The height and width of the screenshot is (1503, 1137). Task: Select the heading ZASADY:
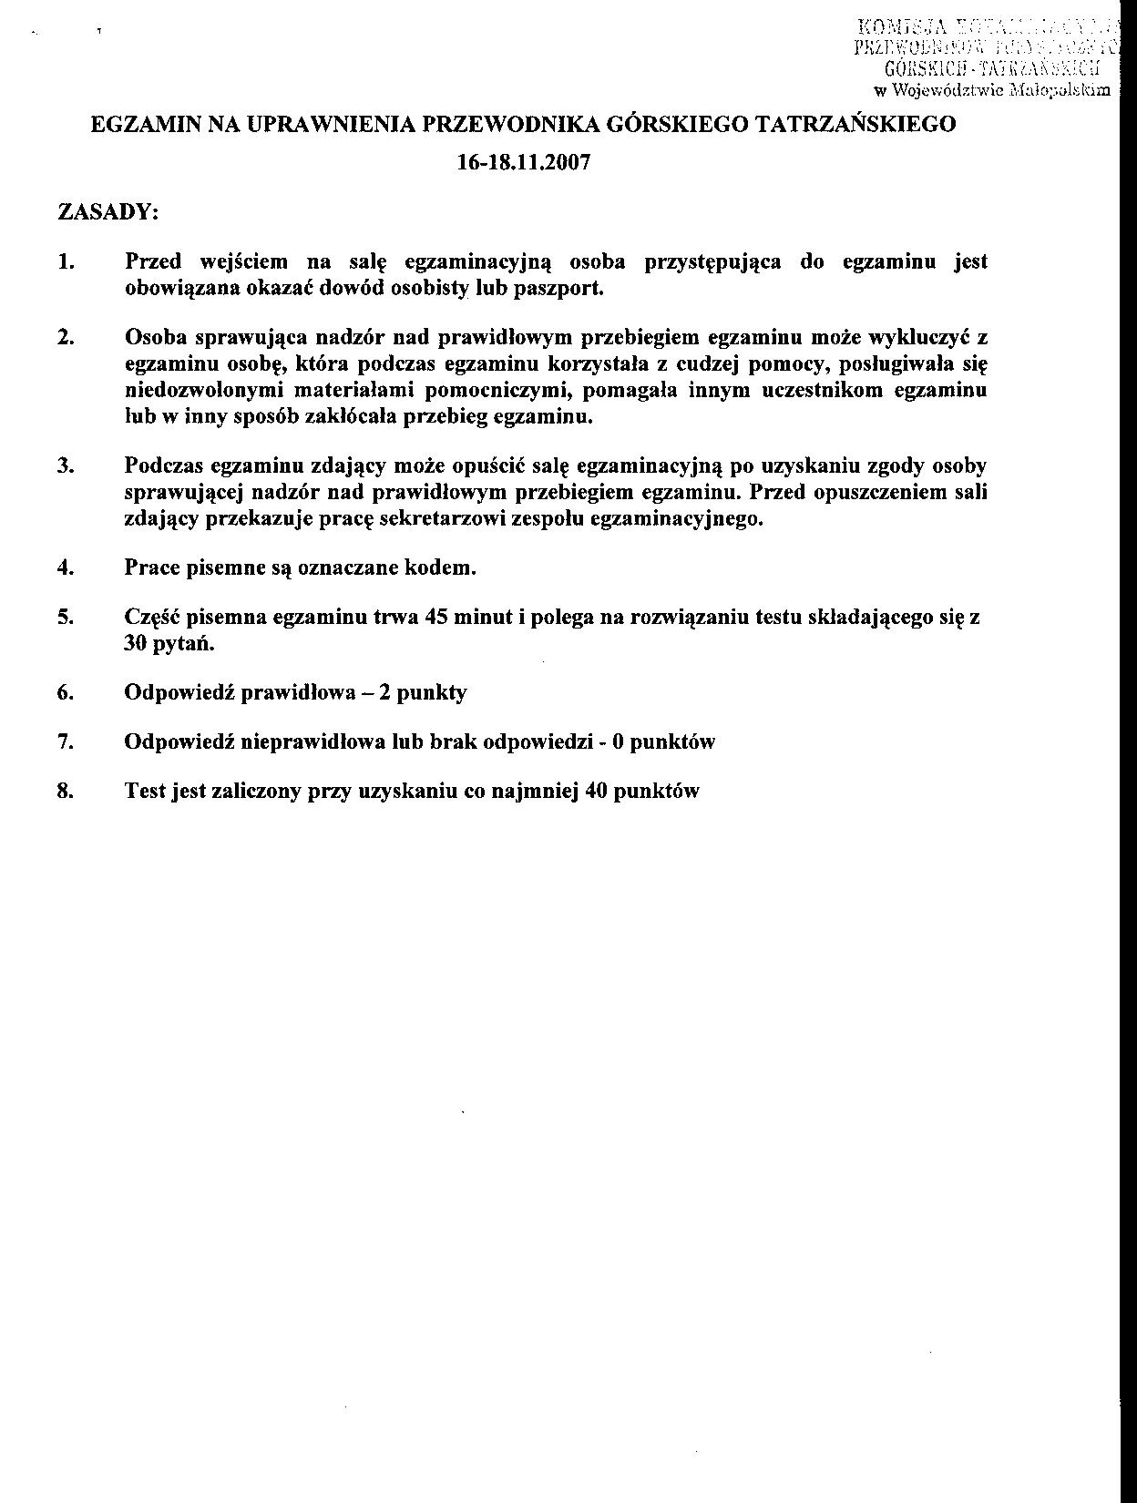pyautogui.click(x=108, y=212)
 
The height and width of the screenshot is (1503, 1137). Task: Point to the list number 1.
pyautogui.click(x=65, y=262)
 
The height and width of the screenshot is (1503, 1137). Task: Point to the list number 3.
pyautogui.click(x=65, y=466)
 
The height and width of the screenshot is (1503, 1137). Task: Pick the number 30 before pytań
pyautogui.click(x=138, y=643)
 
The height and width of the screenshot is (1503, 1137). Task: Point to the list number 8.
pyautogui.click(x=65, y=791)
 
